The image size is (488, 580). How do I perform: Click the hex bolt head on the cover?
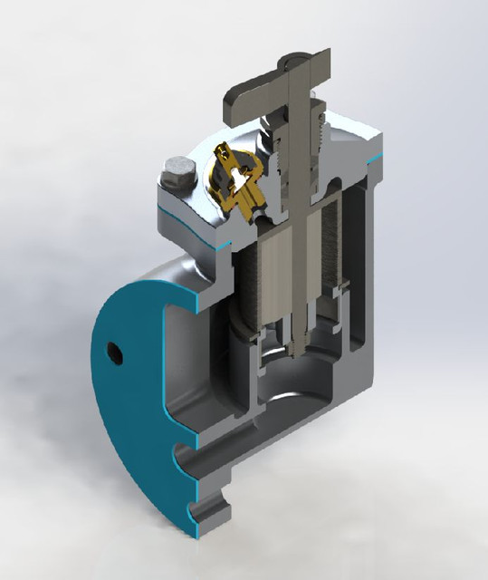click(x=176, y=171)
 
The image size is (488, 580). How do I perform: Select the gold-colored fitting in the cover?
click(x=237, y=179)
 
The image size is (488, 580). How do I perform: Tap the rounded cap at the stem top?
click(x=295, y=63)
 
